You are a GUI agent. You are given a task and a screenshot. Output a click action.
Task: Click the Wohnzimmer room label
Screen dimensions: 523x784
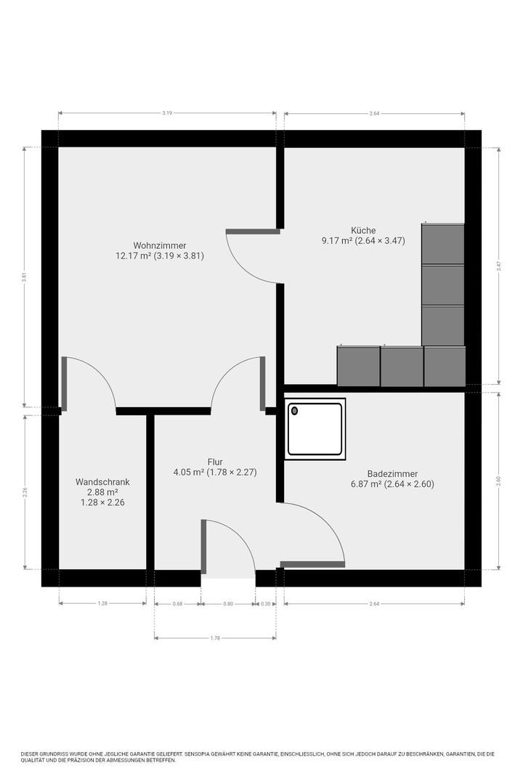tap(160, 245)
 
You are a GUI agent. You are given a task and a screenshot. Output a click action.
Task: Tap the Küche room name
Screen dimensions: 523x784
tap(363, 231)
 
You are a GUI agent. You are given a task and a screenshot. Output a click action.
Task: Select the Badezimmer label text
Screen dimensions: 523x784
tap(392, 473)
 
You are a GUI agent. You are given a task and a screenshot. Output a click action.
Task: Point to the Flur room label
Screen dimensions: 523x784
tap(215, 462)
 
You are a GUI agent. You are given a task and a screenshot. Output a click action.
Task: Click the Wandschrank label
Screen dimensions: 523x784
tap(102, 482)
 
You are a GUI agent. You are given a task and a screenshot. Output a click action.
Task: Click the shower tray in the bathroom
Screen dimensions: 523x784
tap(315, 429)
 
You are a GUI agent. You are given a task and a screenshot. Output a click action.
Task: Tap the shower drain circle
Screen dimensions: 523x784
tap(295, 411)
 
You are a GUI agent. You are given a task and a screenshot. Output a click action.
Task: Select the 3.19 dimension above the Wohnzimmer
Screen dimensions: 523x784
tap(167, 113)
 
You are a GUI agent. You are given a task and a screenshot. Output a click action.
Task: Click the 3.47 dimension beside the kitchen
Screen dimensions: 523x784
tap(498, 266)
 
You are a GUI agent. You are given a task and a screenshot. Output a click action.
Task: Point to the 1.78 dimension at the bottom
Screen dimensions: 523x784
tap(215, 638)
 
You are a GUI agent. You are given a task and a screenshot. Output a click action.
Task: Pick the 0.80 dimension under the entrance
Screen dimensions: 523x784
tap(228, 604)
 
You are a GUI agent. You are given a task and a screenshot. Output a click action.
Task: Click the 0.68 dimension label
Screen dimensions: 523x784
tap(178, 604)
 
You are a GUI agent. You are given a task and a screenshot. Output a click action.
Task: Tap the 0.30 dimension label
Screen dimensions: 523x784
tap(266, 604)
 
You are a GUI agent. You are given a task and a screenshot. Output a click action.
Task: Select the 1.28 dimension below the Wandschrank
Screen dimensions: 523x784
tap(102, 603)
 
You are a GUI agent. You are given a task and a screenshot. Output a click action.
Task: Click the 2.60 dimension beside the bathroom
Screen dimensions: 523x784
tap(498, 481)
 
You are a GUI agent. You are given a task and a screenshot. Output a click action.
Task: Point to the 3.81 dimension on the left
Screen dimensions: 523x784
tap(24, 277)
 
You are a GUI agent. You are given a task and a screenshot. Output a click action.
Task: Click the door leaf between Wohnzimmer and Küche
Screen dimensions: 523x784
tap(253, 232)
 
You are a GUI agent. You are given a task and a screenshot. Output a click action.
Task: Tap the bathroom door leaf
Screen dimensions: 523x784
tap(312, 565)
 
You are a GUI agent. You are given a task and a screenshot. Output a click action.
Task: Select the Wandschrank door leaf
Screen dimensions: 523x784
tap(64, 384)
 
